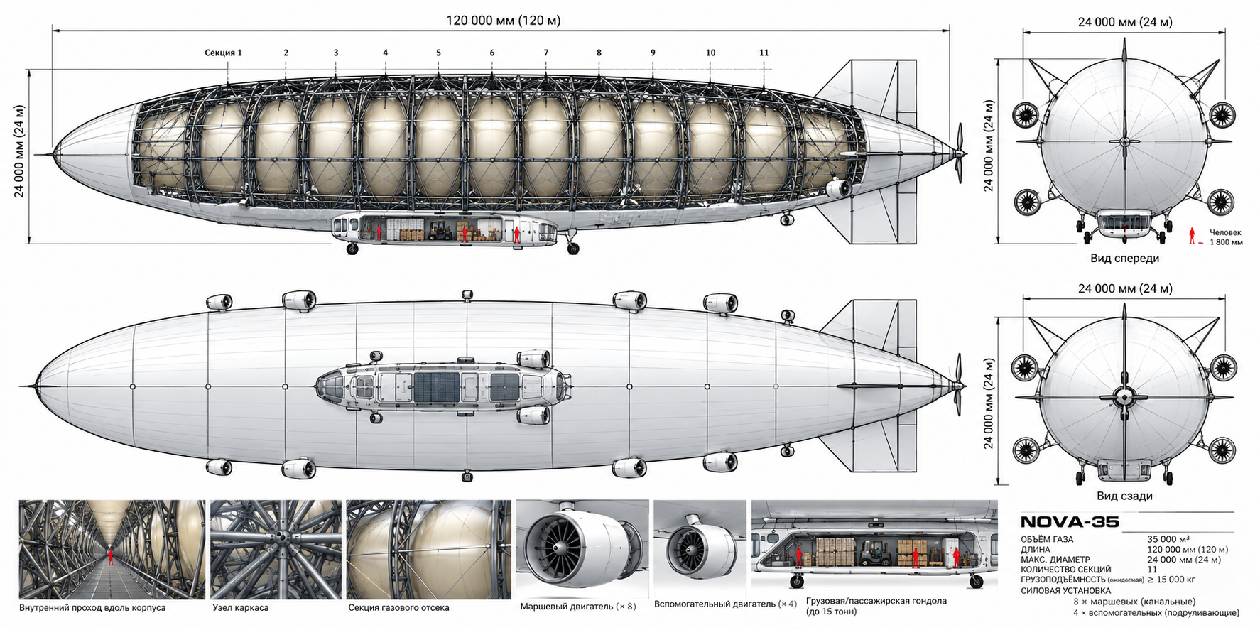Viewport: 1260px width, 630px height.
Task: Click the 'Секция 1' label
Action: tap(223, 53)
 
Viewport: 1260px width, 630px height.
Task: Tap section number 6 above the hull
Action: tap(491, 53)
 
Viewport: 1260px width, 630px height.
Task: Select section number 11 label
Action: tap(764, 53)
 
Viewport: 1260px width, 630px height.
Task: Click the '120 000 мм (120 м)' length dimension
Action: tap(503, 21)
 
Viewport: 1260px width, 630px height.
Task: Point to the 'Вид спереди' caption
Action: tap(1124, 258)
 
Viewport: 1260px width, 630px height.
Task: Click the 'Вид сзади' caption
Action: tap(1124, 496)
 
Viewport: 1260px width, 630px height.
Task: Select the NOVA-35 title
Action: tap(1070, 523)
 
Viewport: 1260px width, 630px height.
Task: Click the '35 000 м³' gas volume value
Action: tap(1168, 539)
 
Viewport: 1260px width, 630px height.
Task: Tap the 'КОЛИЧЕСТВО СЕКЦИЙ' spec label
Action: tap(1065, 569)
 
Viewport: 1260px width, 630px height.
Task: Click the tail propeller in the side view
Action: tap(959, 153)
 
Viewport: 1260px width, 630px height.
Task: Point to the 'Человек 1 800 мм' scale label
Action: tap(1226, 237)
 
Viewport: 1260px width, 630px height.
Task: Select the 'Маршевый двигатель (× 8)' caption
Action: tap(578, 607)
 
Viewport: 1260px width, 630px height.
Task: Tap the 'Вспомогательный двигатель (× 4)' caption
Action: tap(726, 604)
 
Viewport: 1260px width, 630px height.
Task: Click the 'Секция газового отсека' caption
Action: tap(398, 608)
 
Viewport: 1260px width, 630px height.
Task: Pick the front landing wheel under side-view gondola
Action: tap(352, 249)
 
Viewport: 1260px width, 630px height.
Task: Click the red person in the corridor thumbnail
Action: tap(111, 555)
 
